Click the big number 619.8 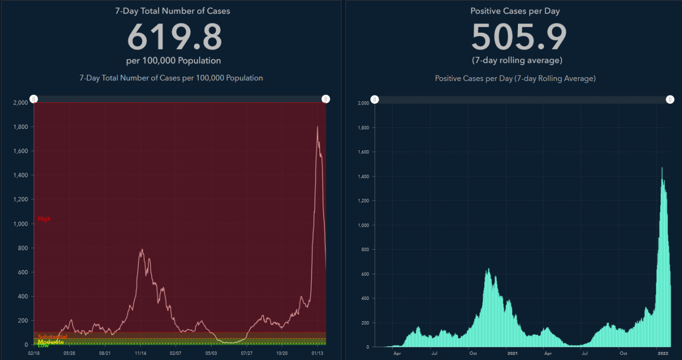(x=174, y=37)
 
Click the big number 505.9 (x=519, y=37)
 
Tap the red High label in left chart (x=44, y=219)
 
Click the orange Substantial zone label (x=52, y=337)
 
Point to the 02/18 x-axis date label (x=34, y=353)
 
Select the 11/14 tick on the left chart (x=141, y=353)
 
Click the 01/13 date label (x=318, y=353)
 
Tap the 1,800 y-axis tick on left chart (x=20, y=127)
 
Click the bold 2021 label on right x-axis (x=512, y=353)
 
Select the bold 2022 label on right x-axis (x=663, y=353)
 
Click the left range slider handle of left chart (x=34, y=99)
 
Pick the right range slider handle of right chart (x=670, y=100)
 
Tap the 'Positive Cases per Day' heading (x=515, y=11)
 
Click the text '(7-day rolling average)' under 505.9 (x=517, y=60)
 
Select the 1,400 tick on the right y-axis (x=363, y=176)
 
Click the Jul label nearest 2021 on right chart (x=585, y=353)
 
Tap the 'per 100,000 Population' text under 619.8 (x=174, y=60)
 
